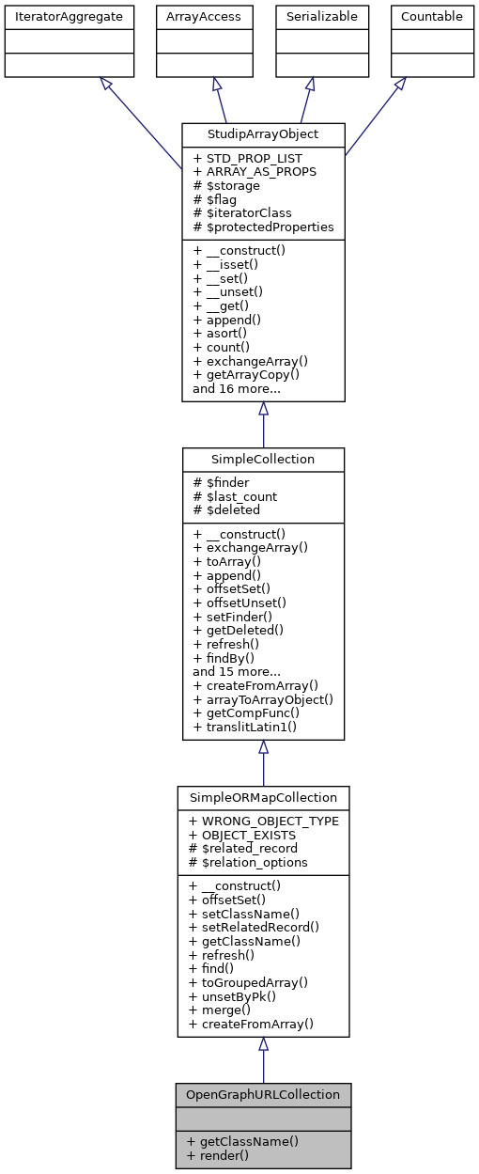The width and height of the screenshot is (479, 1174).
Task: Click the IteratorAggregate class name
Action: pyautogui.click(x=70, y=16)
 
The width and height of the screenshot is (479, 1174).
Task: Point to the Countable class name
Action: pyautogui.click(x=431, y=16)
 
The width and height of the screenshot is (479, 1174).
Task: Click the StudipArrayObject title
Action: pyautogui.click(x=264, y=134)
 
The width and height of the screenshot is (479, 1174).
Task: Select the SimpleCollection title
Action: pyautogui.click(x=264, y=460)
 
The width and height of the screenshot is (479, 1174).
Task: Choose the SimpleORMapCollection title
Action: pyautogui.click(x=264, y=798)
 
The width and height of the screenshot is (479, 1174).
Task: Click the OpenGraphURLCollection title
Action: pyautogui.click(x=264, y=1095)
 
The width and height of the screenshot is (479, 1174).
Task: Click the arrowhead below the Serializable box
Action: pyautogui.click(x=310, y=84)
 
